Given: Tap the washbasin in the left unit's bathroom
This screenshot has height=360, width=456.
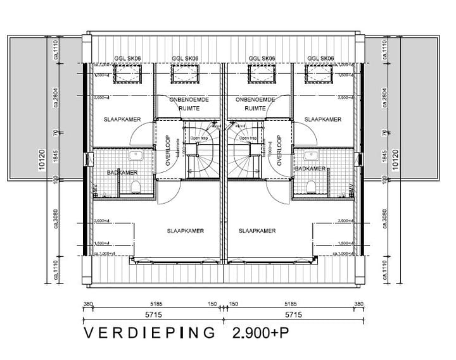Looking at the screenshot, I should click(x=135, y=156).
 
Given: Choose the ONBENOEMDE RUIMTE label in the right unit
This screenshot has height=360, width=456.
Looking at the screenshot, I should click(x=254, y=104).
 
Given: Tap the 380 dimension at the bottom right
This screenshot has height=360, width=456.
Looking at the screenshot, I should click(x=360, y=303).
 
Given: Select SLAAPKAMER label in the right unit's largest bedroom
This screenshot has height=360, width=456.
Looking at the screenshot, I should click(x=258, y=231).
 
